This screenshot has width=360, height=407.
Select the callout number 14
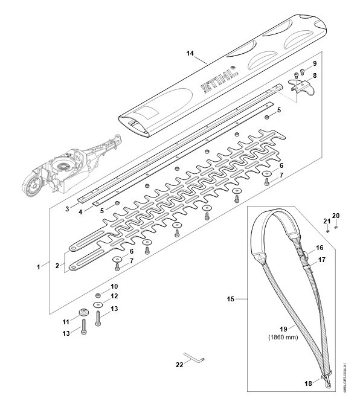[x=190, y=53]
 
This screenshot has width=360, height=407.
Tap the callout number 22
[x=179, y=365]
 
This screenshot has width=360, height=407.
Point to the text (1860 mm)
[x=283, y=338]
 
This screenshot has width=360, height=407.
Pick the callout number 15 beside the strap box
[x=231, y=299]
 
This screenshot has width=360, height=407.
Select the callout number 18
[x=308, y=383]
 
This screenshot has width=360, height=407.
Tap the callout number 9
[x=315, y=63]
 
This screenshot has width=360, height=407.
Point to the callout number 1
[x=39, y=267]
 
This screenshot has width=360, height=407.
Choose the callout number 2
[x=57, y=266]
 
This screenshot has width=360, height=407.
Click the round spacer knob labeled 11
[x=83, y=312]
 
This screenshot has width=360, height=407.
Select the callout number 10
[x=114, y=286]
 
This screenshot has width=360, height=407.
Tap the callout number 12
[x=114, y=296]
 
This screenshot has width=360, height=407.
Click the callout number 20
[x=336, y=216]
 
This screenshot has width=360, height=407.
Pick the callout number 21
[x=327, y=222]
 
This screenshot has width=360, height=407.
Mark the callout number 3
[x=67, y=209]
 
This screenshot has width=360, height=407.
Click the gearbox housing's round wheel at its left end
[x=33, y=184]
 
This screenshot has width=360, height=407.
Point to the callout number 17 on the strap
[x=322, y=260]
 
